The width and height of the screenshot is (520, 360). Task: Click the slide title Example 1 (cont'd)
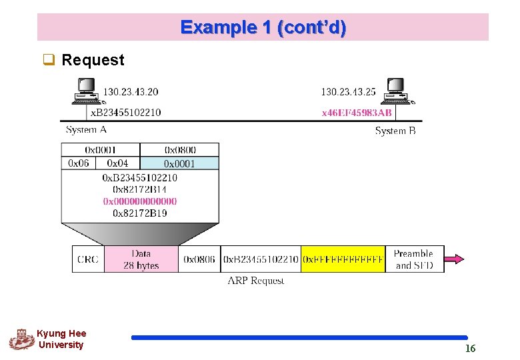263,27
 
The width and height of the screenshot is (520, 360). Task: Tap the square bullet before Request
49,60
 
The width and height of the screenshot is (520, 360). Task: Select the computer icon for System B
397,91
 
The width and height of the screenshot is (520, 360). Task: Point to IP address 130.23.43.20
131,92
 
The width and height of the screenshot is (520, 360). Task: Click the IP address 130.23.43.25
348,92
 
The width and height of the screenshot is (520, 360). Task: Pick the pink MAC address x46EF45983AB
357,113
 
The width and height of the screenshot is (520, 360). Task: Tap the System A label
86,129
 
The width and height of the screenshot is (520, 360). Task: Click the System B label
395,131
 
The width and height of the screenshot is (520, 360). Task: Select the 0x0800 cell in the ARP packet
179,150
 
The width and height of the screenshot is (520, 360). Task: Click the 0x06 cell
79,163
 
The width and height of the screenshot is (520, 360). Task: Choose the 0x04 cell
118,163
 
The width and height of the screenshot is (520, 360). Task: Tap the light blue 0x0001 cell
179,163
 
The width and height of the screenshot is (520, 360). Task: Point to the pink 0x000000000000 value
140,201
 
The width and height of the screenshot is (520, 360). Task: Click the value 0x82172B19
140,213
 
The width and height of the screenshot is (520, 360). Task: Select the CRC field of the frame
88,259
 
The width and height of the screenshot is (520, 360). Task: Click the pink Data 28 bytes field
141,259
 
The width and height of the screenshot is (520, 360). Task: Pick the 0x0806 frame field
199,259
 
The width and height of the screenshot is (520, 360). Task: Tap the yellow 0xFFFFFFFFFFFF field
343,259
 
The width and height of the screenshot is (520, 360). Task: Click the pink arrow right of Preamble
454,259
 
